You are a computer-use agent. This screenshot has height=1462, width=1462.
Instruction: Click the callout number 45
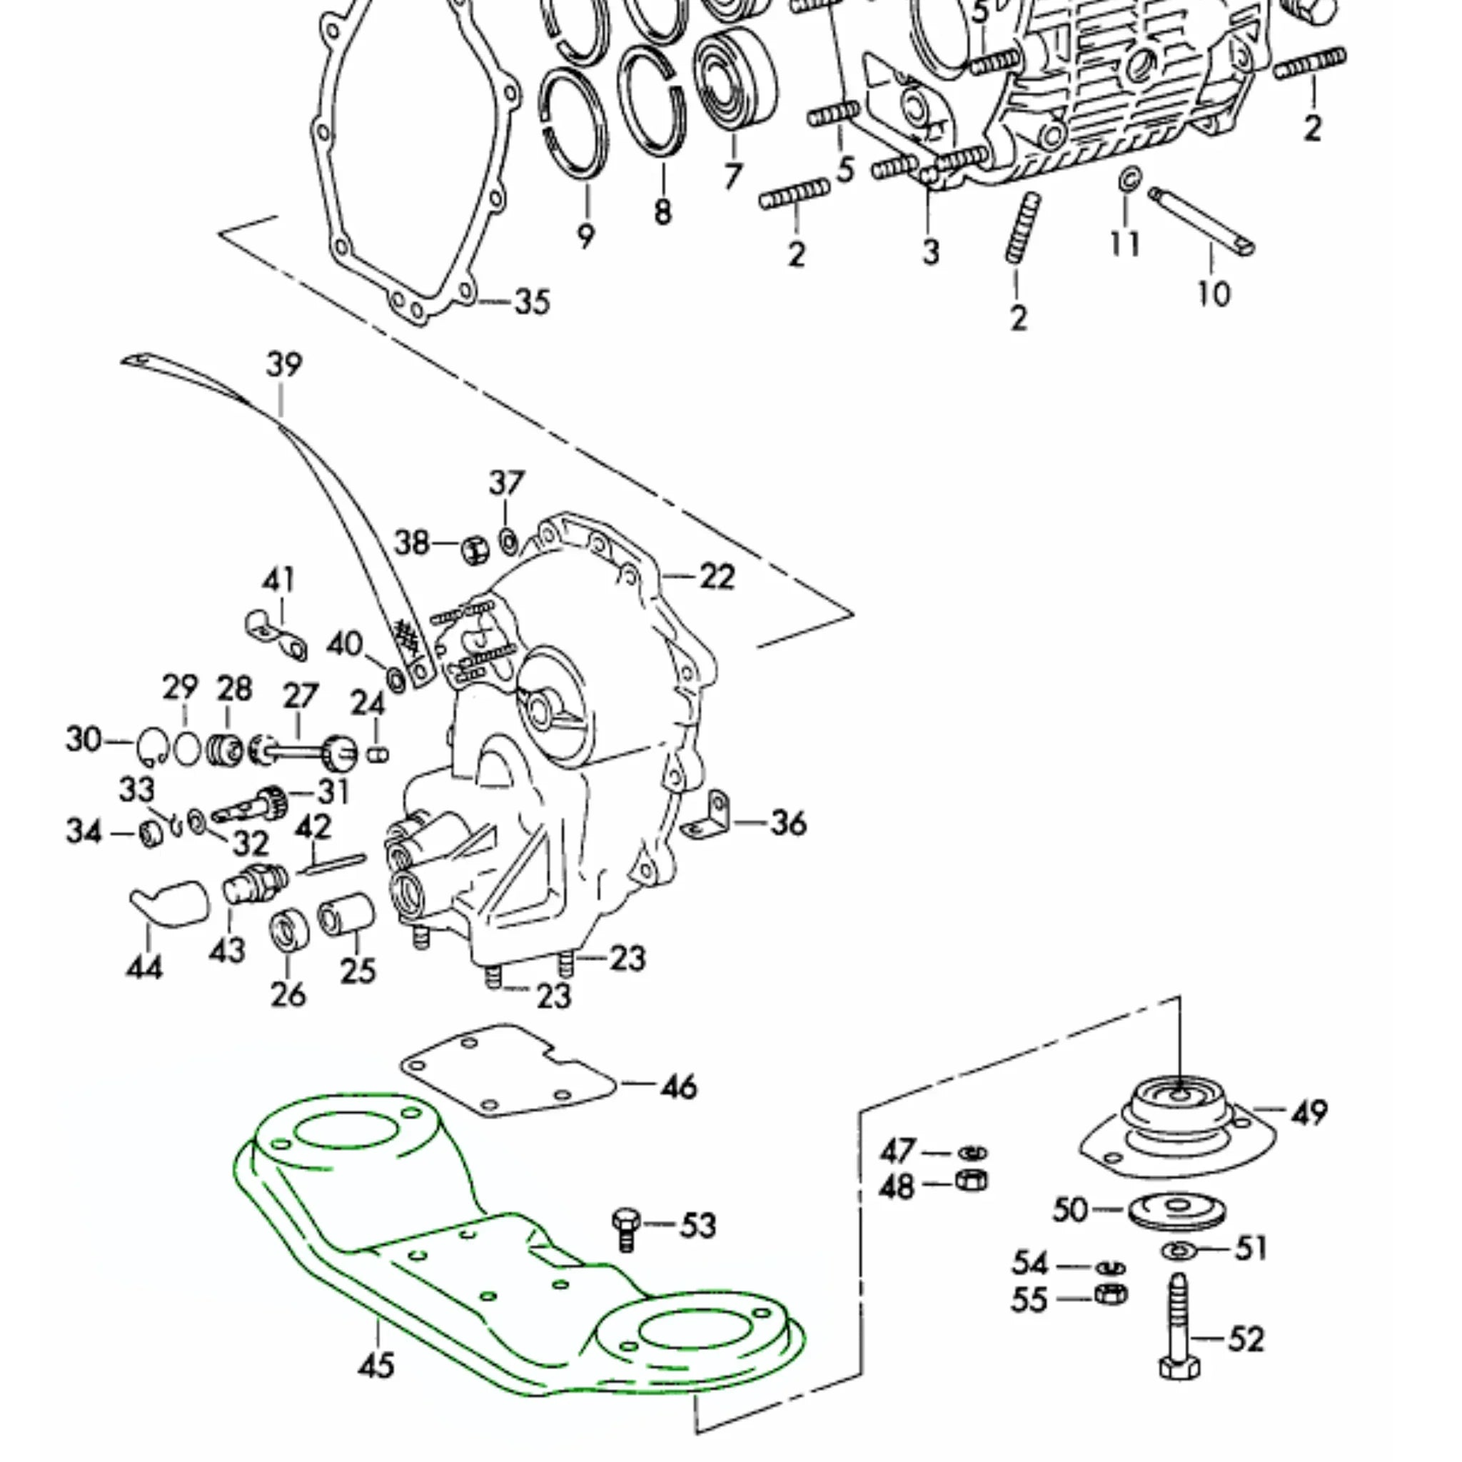coord(376,1366)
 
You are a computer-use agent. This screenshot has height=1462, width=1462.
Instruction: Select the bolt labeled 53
coord(626,1230)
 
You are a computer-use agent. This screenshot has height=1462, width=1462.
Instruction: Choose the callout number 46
coord(679,1087)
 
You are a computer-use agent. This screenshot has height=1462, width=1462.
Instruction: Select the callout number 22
coord(717,577)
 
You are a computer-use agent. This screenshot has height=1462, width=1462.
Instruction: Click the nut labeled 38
coord(475,548)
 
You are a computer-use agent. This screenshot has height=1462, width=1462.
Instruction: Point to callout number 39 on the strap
coord(284,365)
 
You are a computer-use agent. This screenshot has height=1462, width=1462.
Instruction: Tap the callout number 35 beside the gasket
coord(532,302)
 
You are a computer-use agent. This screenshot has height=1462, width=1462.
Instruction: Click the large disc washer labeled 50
coord(1177,1210)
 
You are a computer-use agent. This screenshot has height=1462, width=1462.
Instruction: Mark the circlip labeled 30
coord(152,747)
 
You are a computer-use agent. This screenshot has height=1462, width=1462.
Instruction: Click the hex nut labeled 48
coord(971,1180)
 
